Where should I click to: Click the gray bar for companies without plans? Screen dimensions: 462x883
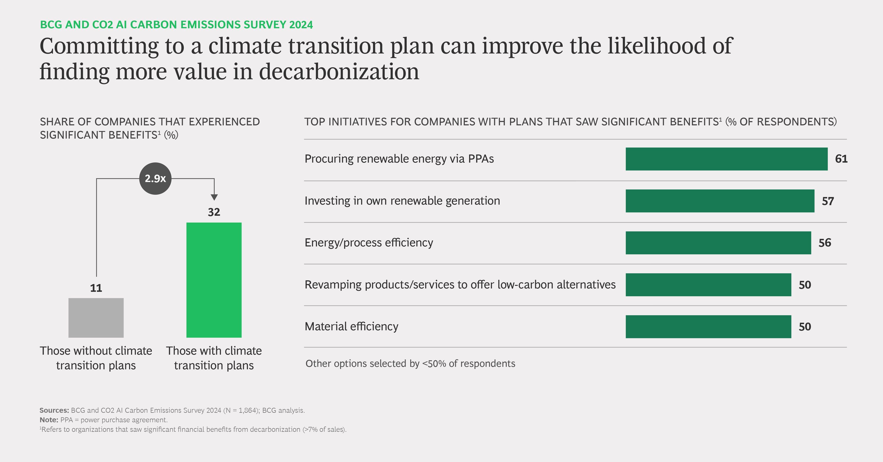(96, 318)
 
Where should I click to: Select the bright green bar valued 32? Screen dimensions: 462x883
(214, 280)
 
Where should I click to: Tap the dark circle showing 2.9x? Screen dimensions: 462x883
(155, 178)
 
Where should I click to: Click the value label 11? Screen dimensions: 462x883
(96, 288)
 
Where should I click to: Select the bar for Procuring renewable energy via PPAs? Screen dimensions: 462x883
(726, 159)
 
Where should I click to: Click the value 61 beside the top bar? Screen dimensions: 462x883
(841, 159)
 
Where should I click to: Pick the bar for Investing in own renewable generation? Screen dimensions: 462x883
(720, 201)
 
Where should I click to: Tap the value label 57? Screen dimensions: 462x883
(828, 201)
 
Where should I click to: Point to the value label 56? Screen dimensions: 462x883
(825, 243)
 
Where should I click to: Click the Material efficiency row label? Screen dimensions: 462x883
(351, 326)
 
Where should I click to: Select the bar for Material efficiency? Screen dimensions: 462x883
(708, 327)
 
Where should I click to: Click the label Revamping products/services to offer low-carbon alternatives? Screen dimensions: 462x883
(460, 284)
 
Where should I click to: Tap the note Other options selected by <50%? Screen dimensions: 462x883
(410, 364)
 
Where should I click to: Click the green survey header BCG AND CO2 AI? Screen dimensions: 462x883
(176, 25)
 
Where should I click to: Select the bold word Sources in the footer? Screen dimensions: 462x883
(54, 410)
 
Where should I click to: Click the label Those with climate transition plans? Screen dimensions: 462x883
(214, 358)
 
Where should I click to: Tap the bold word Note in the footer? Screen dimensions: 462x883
(49, 420)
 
